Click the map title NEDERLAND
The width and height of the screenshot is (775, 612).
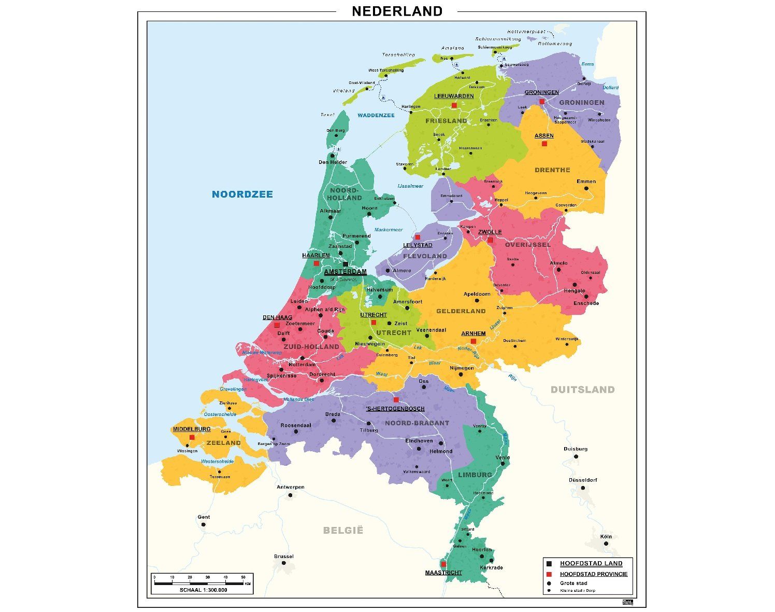pyautogui.click(x=397, y=11)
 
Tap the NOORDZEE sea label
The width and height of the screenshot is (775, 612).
pyautogui.click(x=242, y=194)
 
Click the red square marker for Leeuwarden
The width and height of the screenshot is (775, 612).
pyautogui.click(x=454, y=105)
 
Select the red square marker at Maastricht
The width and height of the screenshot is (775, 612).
pyautogui.click(x=443, y=564)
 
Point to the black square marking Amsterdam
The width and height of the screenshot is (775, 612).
pyautogui.click(x=346, y=265)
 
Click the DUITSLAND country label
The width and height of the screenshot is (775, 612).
pyautogui.click(x=582, y=390)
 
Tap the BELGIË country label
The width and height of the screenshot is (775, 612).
pyautogui.click(x=343, y=530)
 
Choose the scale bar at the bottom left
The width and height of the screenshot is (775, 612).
pyautogui.click(x=202, y=583)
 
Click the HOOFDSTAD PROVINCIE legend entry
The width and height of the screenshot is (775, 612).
pyautogui.click(x=593, y=574)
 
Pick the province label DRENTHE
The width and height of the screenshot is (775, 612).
pyautogui.click(x=552, y=170)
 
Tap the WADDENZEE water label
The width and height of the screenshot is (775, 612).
pyautogui.click(x=376, y=115)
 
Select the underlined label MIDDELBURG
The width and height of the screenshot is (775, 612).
pyautogui.click(x=192, y=429)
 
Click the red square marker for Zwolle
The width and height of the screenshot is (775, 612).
pyautogui.click(x=490, y=240)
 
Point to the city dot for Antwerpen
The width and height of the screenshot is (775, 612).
pyautogui.click(x=290, y=495)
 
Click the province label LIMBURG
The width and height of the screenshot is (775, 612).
pyautogui.click(x=475, y=475)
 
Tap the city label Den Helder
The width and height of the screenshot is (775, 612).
pyautogui.click(x=333, y=162)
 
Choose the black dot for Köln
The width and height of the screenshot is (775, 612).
pyautogui.click(x=606, y=544)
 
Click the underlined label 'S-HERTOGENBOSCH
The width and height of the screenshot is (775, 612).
pyautogui.click(x=395, y=408)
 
